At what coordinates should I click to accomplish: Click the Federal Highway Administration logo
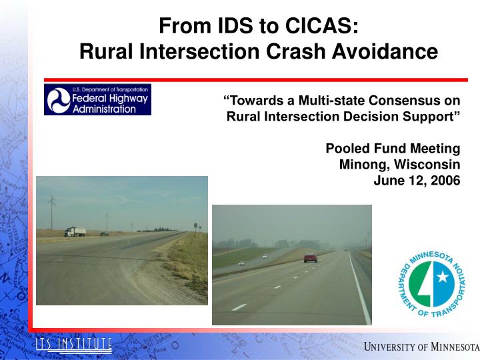(x=97, y=99)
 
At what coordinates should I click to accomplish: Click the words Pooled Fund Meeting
(x=392, y=148)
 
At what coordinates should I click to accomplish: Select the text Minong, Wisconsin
(x=399, y=164)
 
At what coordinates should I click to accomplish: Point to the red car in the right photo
(x=311, y=257)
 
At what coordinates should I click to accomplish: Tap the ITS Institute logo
(x=73, y=345)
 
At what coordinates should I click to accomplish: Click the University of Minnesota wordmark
(x=421, y=347)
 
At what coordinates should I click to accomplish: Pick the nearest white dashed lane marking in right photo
(x=239, y=307)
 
